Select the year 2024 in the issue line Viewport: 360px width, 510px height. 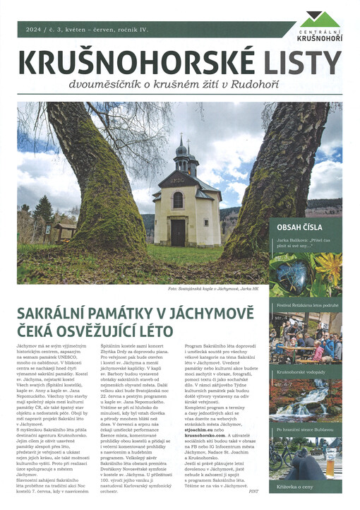34,30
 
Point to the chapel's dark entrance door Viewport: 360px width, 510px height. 179,231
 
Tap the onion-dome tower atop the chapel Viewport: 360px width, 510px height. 182,152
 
